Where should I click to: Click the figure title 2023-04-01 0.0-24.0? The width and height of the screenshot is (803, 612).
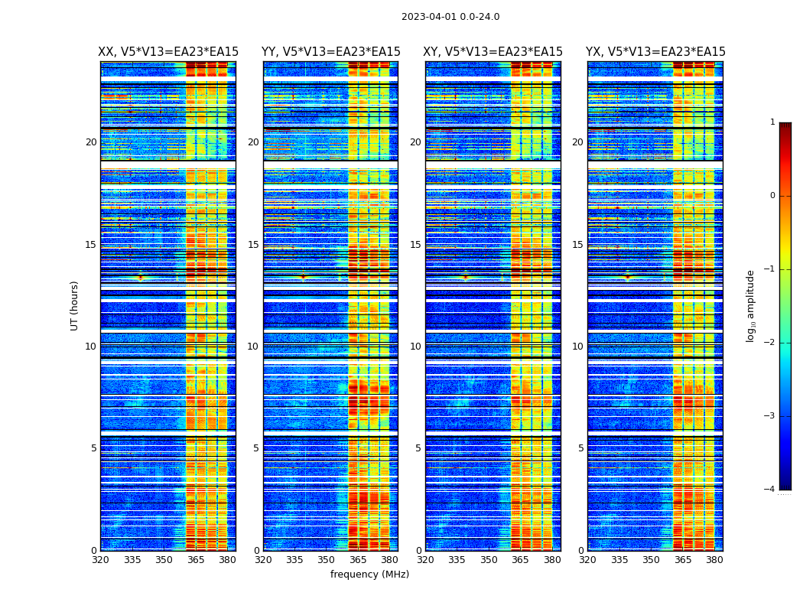[x=450, y=17]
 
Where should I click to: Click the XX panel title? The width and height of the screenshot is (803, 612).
[x=168, y=52]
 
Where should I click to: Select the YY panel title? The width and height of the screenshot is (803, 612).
[x=330, y=52]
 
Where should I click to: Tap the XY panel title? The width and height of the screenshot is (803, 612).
[x=493, y=52]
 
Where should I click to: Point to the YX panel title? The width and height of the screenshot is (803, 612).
[x=655, y=52]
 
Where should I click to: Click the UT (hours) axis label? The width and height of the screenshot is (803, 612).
[x=75, y=305]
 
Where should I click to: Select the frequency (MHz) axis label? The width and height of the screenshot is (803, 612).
[x=369, y=575]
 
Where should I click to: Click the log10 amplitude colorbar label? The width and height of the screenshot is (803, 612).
[x=750, y=305]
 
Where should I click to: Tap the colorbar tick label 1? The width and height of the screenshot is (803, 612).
[x=772, y=122]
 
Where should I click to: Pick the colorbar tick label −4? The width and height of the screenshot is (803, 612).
[x=770, y=490]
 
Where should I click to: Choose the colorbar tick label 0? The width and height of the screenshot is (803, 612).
[x=772, y=196]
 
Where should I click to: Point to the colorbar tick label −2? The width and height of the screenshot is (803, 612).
[x=770, y=343]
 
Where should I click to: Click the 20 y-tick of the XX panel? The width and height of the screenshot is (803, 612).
[x=91, y=142]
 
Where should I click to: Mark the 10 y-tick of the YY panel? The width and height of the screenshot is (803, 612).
[x=253, y=347]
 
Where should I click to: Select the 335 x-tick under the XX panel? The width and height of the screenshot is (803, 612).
[x=132, y=560]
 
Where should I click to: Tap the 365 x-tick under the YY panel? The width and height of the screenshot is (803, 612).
[x=358, y=560]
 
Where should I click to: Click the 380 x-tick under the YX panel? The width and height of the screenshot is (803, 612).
[x=714, y=560]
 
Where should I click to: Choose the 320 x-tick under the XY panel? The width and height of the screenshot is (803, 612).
[x=426, y=560]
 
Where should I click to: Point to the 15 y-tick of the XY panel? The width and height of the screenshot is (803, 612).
[x=415, y=245]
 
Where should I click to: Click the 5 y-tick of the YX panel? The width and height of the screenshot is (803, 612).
[x=580, y=448]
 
